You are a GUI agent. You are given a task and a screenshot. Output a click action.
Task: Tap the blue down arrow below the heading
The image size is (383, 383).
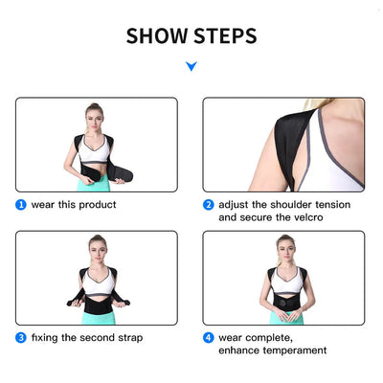point(191,66)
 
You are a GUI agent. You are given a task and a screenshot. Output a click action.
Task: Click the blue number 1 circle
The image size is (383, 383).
point(20,204)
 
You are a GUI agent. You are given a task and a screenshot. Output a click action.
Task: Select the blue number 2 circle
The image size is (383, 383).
point(208,204)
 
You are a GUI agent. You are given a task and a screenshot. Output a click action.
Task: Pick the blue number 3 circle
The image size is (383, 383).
point(20,337)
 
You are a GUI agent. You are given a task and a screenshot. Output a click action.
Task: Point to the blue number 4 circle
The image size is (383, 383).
point(208,337)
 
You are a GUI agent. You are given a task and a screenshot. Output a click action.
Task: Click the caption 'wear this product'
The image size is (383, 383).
point(75,204)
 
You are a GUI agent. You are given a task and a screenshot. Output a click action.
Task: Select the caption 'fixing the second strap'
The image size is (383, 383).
point(86,337)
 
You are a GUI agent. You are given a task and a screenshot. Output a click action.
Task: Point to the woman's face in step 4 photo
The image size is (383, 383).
point(283,248)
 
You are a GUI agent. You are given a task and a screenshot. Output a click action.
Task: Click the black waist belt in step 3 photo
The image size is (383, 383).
point(97,303)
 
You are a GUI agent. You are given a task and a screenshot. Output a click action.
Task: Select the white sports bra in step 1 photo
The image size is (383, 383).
point(95,150)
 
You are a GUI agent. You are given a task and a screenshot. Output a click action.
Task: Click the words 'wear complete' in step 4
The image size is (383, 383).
point(253,337)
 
